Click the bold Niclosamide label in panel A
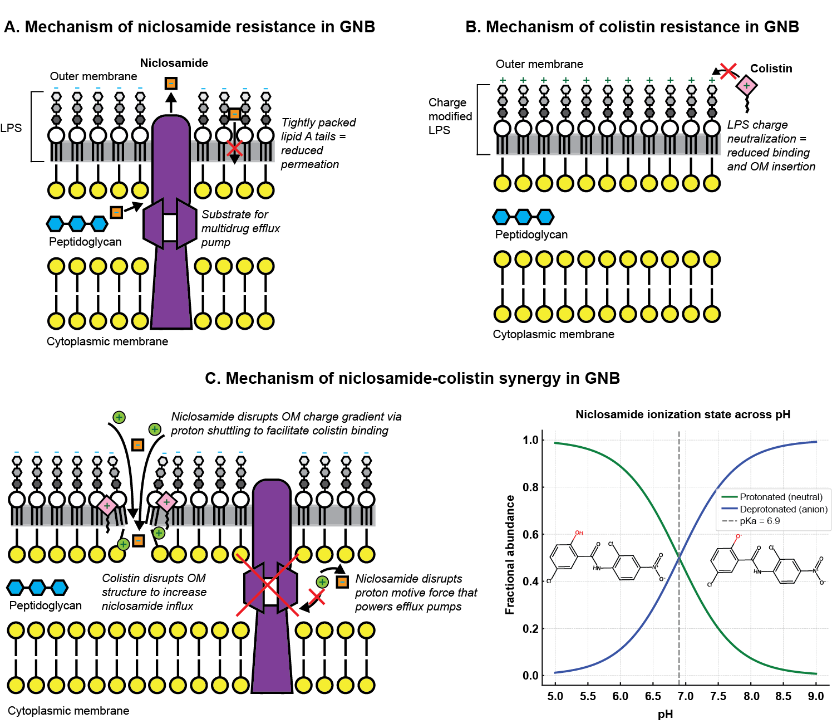(x=174, y=63)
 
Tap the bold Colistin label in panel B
(x=771, y=69)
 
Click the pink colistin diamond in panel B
(x=746, y=86)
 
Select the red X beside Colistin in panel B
(x=728, y=70)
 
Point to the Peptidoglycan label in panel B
(x=531, y=234)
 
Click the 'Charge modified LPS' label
(x=450, y=116)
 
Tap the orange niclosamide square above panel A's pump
(x=171, y=84)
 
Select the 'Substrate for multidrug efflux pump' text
(x=240, y=228)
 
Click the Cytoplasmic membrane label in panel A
(x=107, y=341)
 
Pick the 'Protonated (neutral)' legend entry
(x=781, y=497)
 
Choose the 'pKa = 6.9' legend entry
(x=760, y=521)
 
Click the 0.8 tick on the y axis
(x=530, y=487)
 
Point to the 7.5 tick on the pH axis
(x=718, y=696)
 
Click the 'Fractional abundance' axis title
(x=509, y=555)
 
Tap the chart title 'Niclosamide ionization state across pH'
(x=682, y=414)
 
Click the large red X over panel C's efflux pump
(x=268, y=585)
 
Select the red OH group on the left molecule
(x=579, y=533)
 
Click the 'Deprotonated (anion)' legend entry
(x=783, y=509)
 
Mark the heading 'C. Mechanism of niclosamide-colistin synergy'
(x=412, y=378)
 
